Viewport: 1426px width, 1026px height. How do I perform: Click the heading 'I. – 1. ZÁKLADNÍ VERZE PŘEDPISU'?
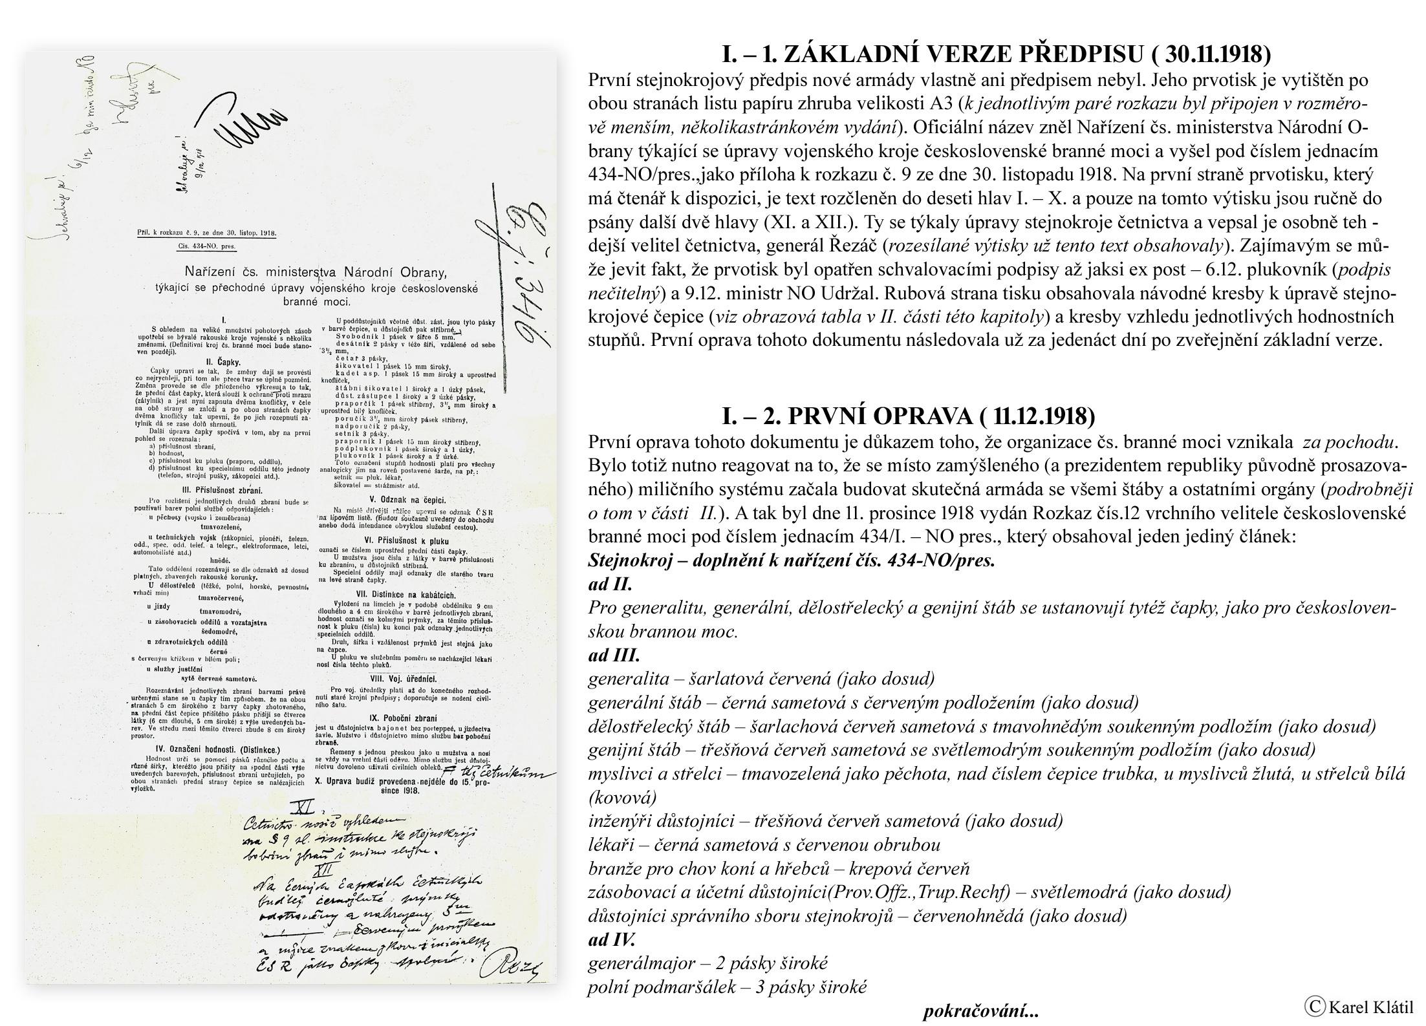click(996, 54)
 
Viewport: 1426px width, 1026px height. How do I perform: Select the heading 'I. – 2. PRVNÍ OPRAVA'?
click(908, 416)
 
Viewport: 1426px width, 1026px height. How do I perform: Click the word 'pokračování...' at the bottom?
click(980, 1010)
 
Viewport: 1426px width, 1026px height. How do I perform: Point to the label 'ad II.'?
click(610, 584)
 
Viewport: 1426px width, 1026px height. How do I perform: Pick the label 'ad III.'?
click(614, 655)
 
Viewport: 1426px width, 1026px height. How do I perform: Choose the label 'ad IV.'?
click(612, 939)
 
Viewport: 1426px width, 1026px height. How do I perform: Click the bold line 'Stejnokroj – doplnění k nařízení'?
click(791, 560)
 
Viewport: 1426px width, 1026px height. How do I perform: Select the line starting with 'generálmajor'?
click(708, 963)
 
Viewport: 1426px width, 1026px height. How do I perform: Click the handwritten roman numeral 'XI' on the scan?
click(302, 807)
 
